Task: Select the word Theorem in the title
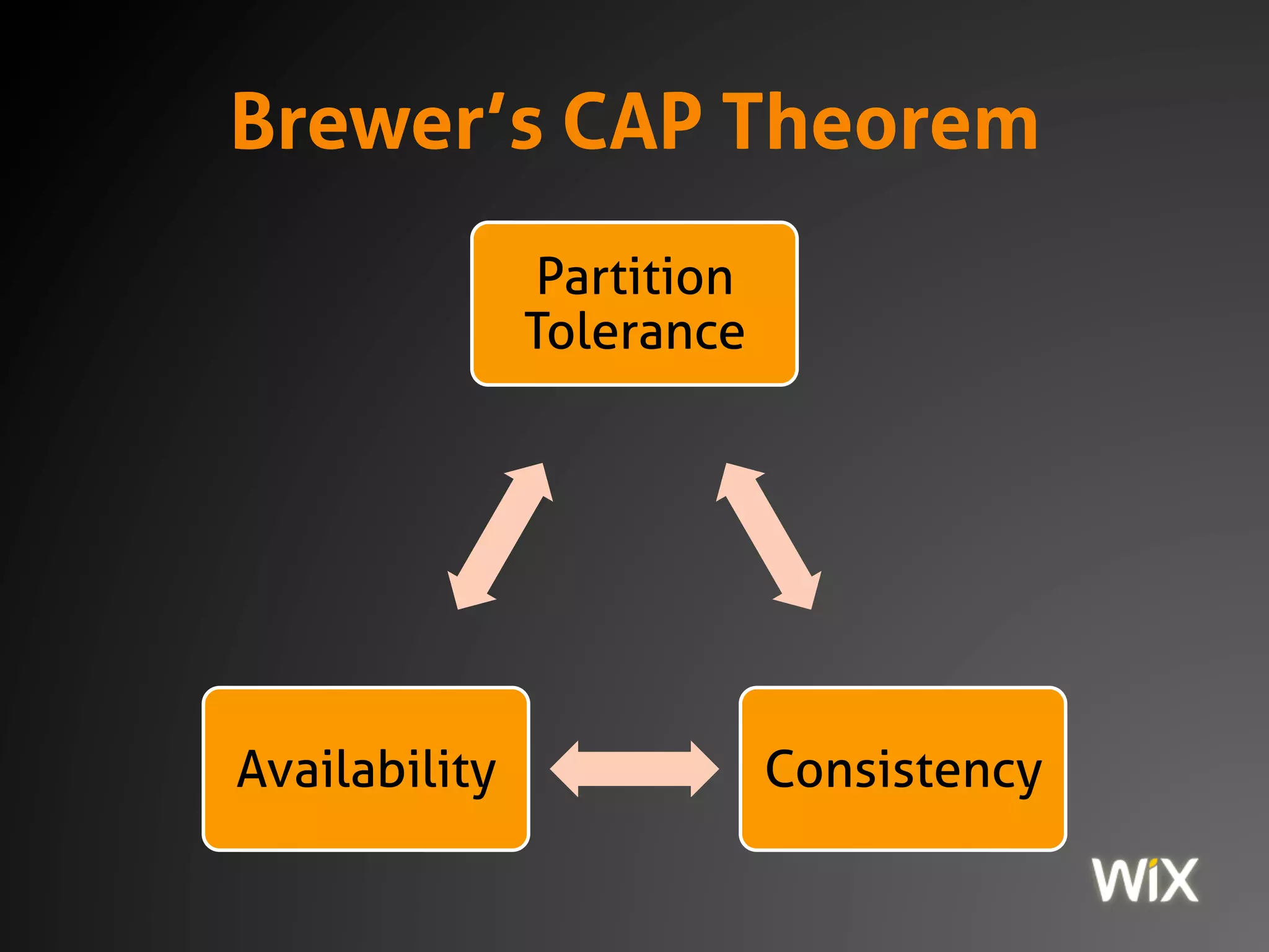tap(881, 121)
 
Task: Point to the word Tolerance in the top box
tap(634, 332)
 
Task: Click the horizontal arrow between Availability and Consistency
tap(634, 769)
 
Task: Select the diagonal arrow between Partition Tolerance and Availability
tap(500, 536)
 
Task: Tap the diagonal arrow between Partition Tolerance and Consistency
tap(769, 536)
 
